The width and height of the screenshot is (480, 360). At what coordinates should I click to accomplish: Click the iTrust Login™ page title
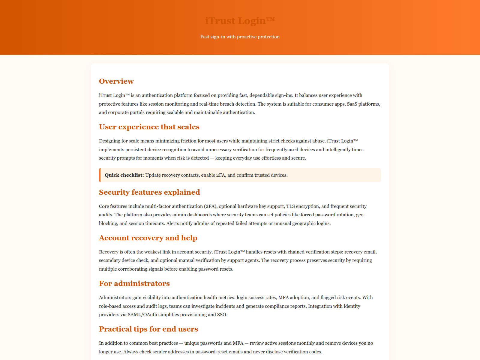click(x=240, y=21)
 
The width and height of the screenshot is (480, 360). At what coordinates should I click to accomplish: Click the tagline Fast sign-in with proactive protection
click(x=240, y=37)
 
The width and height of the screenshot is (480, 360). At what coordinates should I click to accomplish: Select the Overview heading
click(x=116, y=81)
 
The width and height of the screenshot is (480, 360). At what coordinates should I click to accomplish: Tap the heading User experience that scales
click(x=149, y=127)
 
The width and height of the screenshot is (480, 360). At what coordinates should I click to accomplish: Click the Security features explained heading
click(x=149, y=192)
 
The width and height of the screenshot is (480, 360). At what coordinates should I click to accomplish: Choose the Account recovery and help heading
click(x=148, y=238)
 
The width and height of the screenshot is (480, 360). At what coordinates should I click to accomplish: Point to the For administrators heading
click(x=134, y=283)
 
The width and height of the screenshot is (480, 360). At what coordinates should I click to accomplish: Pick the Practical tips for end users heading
click(x=148, y=329)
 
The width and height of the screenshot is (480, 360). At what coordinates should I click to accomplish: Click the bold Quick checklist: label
click(x=124, y=175)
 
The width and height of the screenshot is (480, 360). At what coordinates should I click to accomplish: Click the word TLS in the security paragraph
click(x=290, y=206)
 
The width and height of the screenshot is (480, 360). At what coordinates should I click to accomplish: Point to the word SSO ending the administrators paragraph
click(x=222, y=315)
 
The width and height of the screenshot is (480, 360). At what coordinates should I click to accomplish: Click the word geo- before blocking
click(x=360, y=215)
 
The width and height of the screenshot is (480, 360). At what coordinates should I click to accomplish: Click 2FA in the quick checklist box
click(x=220, y=175)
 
